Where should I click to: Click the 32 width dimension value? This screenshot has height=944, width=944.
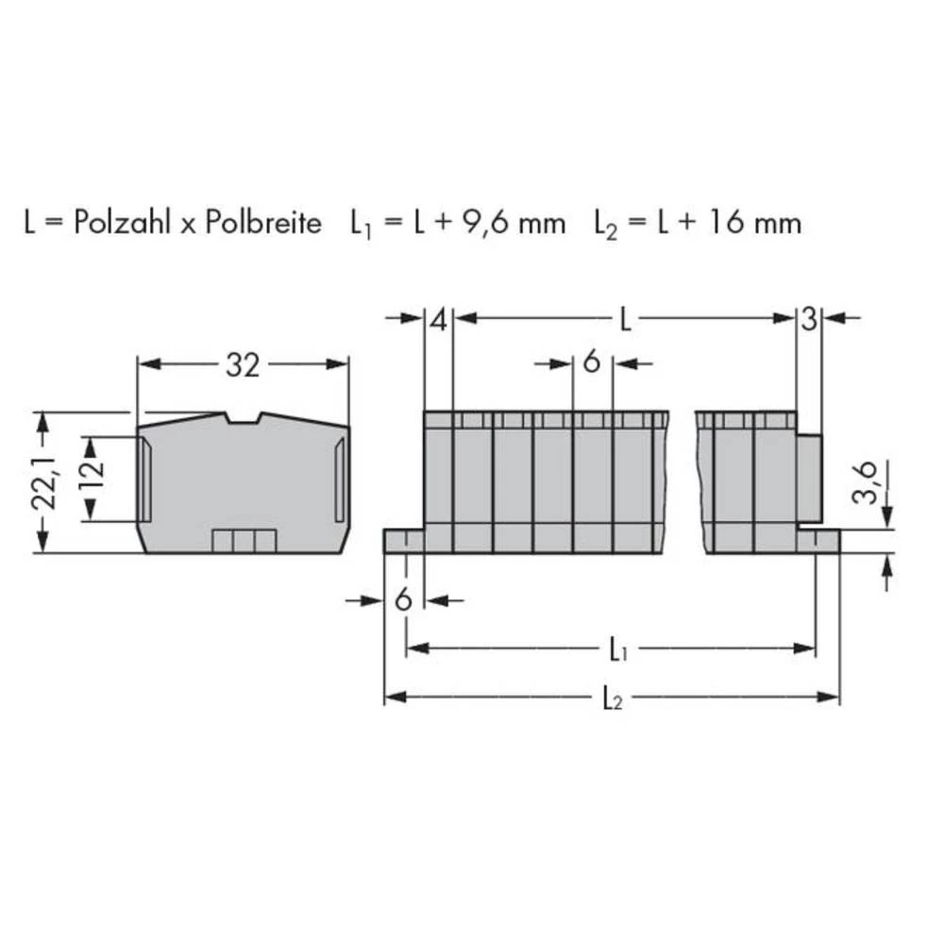coord(242,365)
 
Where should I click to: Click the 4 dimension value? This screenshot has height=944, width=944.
coord(437,320)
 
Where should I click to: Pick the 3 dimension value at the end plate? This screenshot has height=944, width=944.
coord(809,320)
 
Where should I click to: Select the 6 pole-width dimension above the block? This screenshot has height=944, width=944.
coord(592,362)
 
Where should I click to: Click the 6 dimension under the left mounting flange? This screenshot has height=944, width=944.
coord(403,600)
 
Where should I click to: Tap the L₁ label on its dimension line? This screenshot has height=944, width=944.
coord(615,649)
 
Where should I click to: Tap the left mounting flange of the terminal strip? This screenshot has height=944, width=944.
coord(403,540)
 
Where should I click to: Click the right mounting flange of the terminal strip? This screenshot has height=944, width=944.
coord(818,540)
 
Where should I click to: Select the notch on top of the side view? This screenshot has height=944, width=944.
coord(243,418)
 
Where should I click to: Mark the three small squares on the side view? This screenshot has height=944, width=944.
coord(244,540)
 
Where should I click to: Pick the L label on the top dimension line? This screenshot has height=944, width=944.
coord(626,320)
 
